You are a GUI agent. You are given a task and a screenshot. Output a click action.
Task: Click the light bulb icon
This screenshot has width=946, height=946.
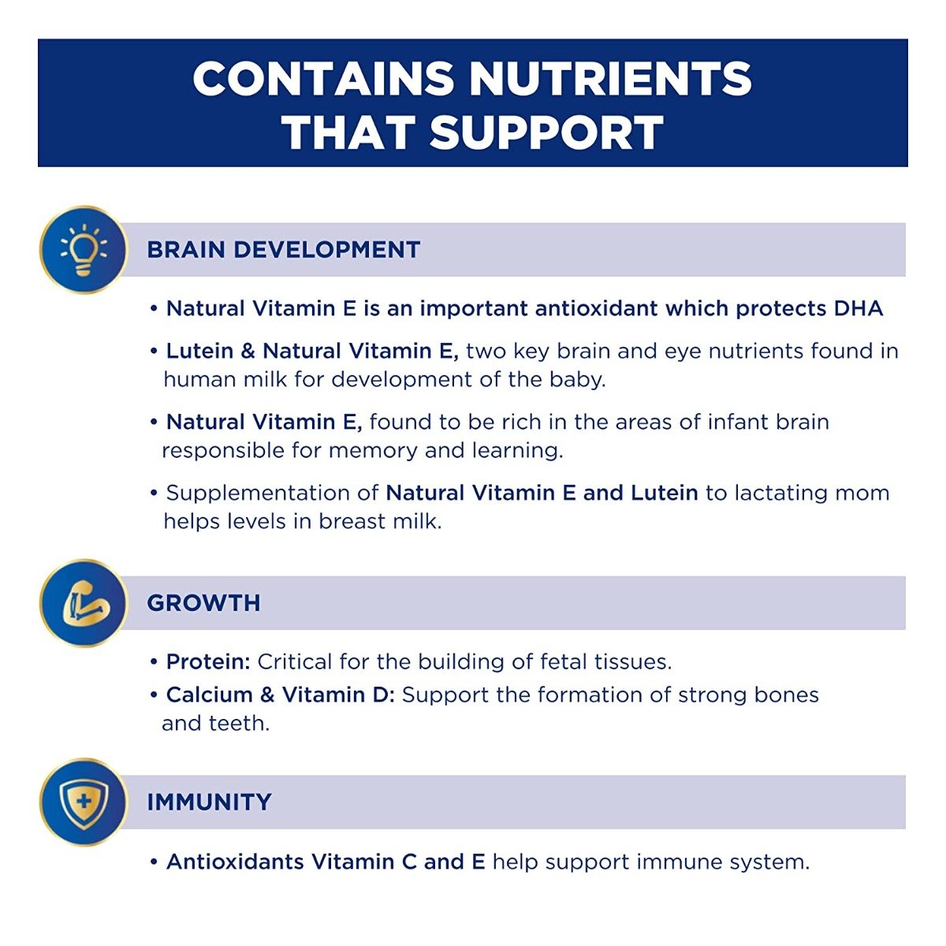[x=84, y=249]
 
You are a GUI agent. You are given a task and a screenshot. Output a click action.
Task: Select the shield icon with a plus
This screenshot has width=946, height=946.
[x=84, y=803]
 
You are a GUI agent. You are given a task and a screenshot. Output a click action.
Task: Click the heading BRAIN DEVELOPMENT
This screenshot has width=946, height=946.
[x=283, y=249]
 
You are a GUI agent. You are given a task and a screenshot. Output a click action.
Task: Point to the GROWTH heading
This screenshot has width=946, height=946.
[x=203, y=603]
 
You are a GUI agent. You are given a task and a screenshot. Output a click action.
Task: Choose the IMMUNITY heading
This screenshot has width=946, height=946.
[x=209, y=803]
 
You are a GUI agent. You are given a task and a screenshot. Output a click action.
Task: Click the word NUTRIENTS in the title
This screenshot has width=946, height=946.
[x=610, y=79]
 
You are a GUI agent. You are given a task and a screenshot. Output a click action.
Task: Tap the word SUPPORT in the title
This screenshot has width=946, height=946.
[x=546, y=132]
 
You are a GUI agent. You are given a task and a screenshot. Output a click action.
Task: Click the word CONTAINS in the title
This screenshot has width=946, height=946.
[x=323, y=79]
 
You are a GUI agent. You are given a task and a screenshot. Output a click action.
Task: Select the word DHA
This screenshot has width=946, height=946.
[x=858, y=309]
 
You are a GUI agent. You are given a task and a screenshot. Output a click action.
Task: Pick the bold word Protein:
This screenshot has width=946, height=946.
[x=209, y=662]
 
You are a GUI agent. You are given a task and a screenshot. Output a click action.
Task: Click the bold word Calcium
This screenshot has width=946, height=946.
[x=210, y=695]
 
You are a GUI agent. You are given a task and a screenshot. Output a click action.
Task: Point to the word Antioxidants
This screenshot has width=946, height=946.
[x=235, y=862]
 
